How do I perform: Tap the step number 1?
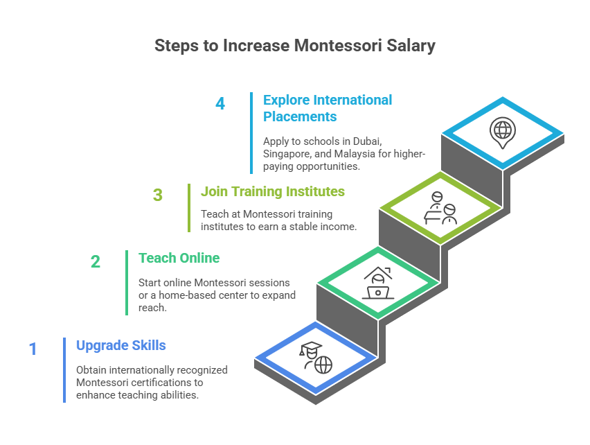33,349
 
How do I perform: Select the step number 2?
95,262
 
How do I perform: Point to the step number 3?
158,195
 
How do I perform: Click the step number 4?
220,104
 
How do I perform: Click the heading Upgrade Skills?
120,345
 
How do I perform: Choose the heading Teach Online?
179,258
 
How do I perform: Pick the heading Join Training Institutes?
272,191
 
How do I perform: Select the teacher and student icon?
440,207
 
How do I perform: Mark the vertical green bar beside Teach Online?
127,282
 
